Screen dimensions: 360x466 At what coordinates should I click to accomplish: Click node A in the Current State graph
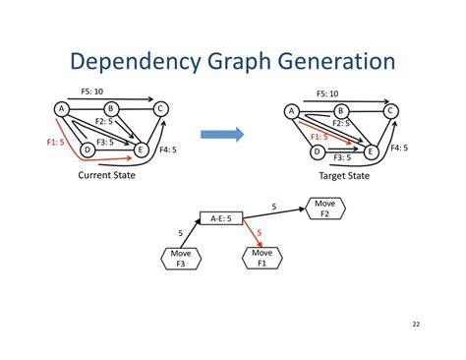[x=62, y=108]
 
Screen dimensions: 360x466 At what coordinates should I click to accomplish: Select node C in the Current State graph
[x=160, y=108]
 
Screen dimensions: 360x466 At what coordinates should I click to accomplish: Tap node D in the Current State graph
[x=87, y=150]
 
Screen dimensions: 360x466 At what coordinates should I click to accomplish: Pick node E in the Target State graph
[x=371, y=151]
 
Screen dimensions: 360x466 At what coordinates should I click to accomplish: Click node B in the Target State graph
[x=341, y=111]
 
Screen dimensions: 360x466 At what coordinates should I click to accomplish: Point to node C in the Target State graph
[x=390, y=111]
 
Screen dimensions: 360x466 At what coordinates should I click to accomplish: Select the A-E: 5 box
[x=220, y=218]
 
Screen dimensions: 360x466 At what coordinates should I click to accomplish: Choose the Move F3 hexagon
[x=182, y=258]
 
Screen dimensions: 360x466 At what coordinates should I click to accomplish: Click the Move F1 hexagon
[x=262, y=258]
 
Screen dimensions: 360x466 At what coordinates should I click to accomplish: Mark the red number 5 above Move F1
[x=259, y=233]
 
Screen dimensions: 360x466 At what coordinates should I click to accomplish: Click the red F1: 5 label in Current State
[x=56, y=142]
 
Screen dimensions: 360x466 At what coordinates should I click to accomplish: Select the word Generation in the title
[x=329, y=63]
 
